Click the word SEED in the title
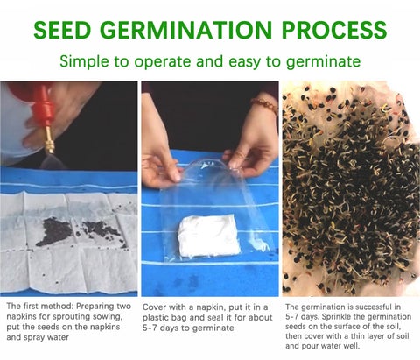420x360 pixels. pyautogui.click(x=62, y=30)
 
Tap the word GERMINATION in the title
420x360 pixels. pyautogui.click(x=187, y=30)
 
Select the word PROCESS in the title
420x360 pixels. pyautogui.click(x=334, y=30)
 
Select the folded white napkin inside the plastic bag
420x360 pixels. pyautogui.click(x=209, y=236)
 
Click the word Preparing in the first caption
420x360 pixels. pyautogui.click(x=96, y=307)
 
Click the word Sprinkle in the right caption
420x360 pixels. pyautogui.click(x=339, y=317)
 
